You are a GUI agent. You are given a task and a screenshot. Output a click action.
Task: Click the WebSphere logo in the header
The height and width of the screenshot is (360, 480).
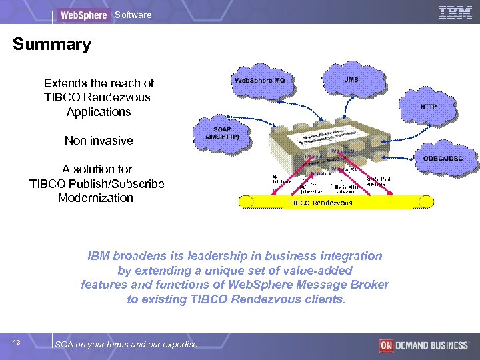tap(83, 15)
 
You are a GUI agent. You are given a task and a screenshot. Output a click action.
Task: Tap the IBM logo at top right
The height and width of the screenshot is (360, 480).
tap(456, 12)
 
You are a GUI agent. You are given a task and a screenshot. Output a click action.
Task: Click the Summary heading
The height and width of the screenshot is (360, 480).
tap(52, 45)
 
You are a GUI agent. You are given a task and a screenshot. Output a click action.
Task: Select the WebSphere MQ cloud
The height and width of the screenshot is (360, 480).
tap(259, 81)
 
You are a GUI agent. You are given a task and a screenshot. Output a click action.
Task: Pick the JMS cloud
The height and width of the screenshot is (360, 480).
tap(352, 79)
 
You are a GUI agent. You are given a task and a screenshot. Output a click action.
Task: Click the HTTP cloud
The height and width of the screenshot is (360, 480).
tap(428, 107)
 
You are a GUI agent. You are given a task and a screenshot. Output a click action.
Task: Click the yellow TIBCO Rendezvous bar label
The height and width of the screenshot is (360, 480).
tap(320, 203)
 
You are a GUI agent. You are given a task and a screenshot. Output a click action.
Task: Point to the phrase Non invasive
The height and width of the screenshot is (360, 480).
tap(99, 141)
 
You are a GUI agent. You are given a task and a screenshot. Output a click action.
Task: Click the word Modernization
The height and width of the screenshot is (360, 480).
tap(95, 198)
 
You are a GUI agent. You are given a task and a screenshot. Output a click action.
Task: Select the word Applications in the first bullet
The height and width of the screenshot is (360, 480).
tap(99, 112)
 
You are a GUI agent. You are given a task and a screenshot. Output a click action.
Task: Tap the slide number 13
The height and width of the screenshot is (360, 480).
tap(17, 342)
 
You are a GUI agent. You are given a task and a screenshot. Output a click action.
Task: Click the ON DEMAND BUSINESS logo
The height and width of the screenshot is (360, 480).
tap(423, 345)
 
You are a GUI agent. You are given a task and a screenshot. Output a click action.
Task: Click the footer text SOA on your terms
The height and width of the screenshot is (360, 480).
tap(126, 344)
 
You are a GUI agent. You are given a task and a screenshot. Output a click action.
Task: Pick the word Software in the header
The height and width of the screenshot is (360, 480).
tap(133, 15)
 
